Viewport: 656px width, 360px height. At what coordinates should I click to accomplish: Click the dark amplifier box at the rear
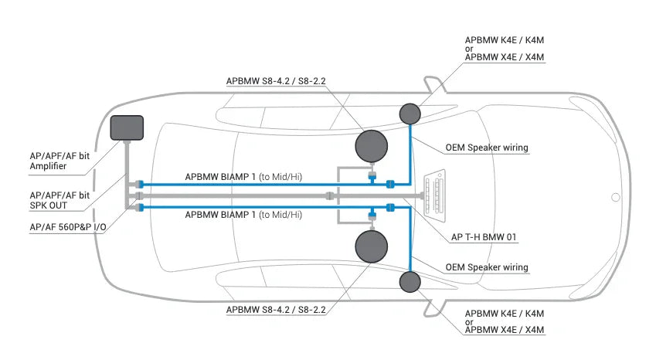pos(127,127)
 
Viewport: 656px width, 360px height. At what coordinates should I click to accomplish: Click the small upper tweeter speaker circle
pos(410,114)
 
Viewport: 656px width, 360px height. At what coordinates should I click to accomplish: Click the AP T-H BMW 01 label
pos(483,237)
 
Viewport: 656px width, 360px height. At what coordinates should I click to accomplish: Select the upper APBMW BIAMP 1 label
pos(243,177)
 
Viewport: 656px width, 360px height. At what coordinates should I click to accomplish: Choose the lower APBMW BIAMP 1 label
pos(243,215)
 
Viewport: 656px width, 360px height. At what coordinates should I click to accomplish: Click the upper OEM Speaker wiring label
pos(487,148)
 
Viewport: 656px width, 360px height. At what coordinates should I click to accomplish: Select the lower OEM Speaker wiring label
pos(487,267)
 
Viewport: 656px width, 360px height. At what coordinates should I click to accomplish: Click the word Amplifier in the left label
pos(48,166)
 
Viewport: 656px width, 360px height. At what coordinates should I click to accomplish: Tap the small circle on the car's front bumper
pos(615,197)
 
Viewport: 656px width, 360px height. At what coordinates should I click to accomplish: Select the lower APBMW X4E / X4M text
pos(504,331)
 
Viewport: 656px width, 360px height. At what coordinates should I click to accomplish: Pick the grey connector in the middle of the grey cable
pos(329,196)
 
